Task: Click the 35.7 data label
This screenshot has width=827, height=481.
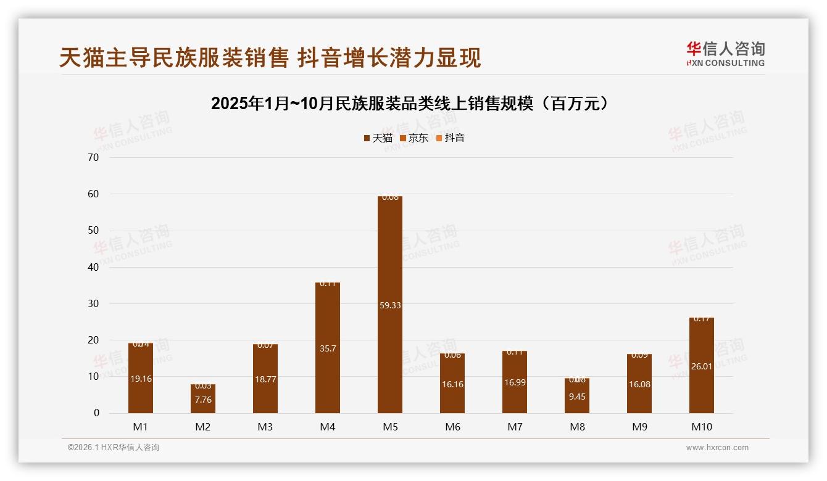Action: pos(328,348)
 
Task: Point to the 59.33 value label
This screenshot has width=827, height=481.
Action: pos(389,305)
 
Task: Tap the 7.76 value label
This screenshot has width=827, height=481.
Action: pos(203,400)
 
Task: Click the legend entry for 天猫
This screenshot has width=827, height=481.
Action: pos(378,138)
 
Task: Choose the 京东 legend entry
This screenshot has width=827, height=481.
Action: pos(414,138)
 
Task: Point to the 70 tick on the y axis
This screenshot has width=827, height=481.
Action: pos(93,157)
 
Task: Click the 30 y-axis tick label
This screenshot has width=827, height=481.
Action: pos(93,303)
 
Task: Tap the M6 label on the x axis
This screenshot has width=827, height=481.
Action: pos(452,427)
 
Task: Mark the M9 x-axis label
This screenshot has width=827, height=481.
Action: pos(639,427)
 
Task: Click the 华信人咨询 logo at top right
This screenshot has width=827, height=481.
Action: pos(725,54)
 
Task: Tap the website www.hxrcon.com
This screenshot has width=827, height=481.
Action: pos(717,448)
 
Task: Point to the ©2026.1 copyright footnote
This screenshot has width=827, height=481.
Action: pos(114,448)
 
